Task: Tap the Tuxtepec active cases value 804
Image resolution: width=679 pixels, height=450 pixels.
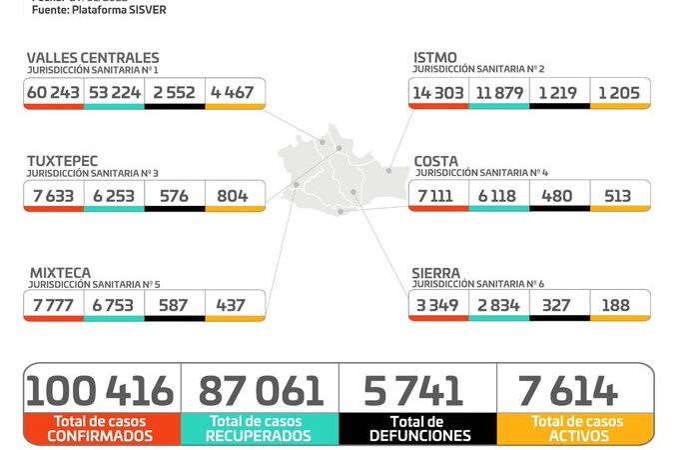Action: (233, 196)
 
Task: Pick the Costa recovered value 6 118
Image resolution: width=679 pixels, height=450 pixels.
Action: (497, 196)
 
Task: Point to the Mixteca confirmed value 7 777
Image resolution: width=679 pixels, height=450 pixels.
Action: (54, 305)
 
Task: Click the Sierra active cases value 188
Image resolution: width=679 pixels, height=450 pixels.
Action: (618, 305)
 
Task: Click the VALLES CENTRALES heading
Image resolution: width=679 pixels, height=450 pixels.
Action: (93, 58)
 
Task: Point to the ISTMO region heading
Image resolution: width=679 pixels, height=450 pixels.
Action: (435, 58)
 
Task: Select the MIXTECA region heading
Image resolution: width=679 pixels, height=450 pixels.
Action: (59, 272)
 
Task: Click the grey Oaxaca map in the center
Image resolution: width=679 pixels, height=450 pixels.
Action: (339, 175)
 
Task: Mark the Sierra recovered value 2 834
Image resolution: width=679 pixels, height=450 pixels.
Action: (497, 305)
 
